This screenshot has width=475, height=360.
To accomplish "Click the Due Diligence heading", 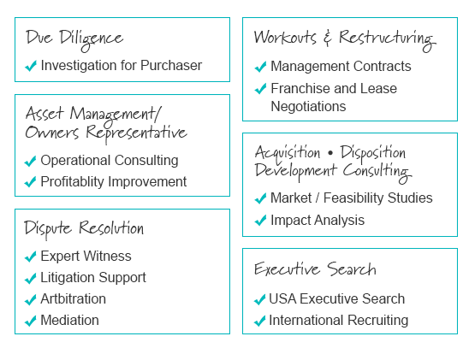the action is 74,40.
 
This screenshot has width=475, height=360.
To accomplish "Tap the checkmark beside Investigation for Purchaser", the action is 31,66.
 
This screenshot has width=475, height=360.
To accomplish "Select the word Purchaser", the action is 171,65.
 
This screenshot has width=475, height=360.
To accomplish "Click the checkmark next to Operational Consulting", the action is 30,161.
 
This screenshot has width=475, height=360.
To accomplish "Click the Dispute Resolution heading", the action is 84,229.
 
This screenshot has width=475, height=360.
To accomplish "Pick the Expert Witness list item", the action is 86,257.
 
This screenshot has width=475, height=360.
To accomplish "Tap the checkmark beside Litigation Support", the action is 30,278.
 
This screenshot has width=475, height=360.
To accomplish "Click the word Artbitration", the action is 73,298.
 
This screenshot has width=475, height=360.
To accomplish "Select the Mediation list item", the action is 69,321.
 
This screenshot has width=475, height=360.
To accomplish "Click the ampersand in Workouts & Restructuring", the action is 327,38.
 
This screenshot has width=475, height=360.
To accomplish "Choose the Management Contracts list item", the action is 341,67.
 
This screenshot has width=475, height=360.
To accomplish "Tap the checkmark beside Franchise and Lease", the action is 260,89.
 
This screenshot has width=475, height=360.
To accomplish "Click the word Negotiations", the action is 308,107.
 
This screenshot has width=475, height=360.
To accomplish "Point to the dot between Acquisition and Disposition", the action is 330,153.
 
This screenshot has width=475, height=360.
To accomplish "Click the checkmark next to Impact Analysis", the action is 260,221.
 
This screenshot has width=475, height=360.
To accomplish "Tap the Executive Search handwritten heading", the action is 315,269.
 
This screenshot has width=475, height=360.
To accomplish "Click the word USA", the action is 282,298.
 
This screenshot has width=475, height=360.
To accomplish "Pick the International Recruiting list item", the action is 339,321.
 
